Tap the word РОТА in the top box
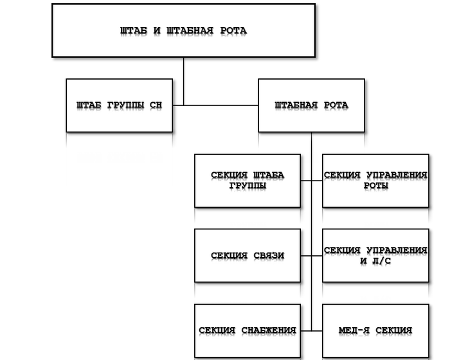232,31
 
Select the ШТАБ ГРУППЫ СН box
119,105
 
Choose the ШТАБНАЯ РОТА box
311,105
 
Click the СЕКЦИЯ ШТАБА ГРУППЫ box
247,181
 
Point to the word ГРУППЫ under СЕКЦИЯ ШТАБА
248,186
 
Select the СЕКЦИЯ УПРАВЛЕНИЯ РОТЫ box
375,181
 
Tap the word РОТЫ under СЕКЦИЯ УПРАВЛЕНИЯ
376,186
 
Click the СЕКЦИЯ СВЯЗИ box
247,255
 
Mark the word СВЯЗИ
267,256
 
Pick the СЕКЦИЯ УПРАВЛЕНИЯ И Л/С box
375,255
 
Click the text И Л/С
376,261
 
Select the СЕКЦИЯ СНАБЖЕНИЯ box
247,330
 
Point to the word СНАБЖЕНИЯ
269,330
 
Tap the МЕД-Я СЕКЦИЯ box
375,330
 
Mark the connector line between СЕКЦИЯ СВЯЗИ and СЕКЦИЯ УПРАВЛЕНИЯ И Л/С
311,255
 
